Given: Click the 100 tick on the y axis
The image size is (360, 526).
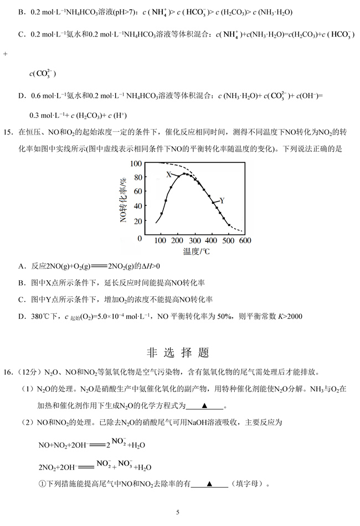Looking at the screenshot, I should click(x=136, y=164).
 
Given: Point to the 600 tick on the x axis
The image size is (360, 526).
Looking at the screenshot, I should click(x=245, y=241).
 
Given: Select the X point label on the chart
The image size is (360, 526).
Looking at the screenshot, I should click(x=169, y=174).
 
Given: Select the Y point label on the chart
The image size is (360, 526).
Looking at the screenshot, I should click(x=222, y=200).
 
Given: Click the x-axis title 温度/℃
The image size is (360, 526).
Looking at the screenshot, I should click(x=199, y=251).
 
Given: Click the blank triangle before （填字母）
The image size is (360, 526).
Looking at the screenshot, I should click(x=209, y=484).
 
